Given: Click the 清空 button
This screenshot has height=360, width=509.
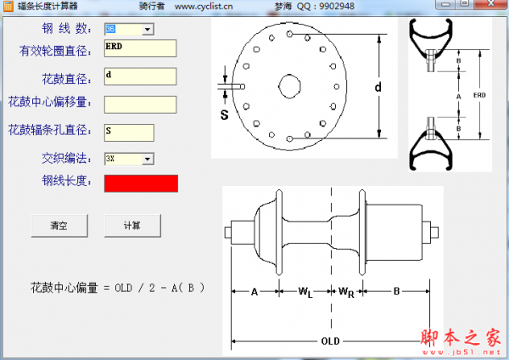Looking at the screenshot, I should [59, 226].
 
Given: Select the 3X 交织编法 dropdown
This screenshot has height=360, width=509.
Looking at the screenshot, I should [128, 158].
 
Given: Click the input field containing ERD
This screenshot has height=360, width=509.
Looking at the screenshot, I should [139, 48].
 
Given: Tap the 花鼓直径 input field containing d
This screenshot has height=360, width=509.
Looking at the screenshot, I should [139, 76].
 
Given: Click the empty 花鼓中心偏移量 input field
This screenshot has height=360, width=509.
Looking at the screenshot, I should [139, 104].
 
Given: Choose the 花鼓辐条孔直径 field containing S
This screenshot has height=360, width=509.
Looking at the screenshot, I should [129, 132].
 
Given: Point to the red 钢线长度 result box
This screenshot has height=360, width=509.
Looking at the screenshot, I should [141, 183].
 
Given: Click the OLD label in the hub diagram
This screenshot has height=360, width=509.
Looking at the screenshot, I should [331, 341].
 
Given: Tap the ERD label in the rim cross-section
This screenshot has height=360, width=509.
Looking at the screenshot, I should [479, 96].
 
